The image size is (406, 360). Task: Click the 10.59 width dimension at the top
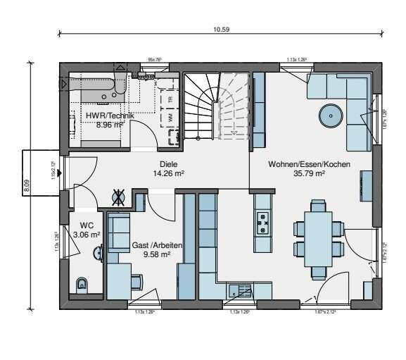point(221,30)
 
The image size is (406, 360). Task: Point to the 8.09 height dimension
point(27,185)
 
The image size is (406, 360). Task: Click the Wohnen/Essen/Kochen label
point(309,164)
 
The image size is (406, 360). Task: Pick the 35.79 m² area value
point(309,173)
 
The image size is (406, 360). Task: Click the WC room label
point(86,226)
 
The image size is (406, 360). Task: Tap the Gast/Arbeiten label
point(158,245)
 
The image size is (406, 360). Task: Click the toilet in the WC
point(82,285)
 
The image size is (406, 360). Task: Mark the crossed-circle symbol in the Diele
point(120,197)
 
